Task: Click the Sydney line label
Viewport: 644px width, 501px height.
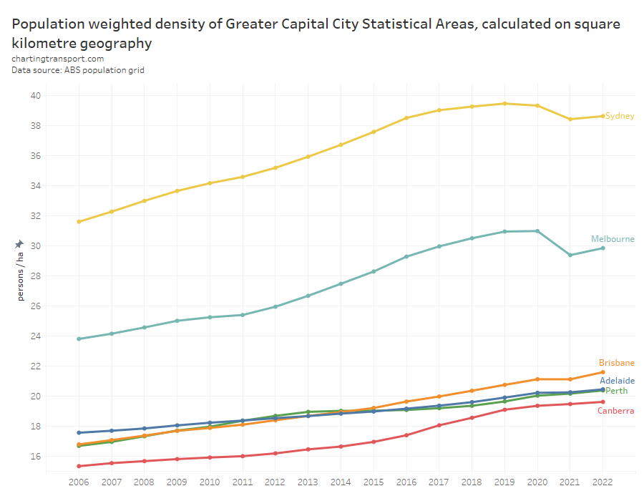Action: click(620, 116)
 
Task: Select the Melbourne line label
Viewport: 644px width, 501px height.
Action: click(613, 239)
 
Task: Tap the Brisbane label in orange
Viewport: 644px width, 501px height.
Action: click(617, 363)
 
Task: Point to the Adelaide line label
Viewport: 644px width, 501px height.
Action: click(617, 381)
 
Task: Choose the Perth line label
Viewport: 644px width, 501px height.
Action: click(617, 391)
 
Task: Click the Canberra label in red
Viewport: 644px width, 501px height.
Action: click(615, 411)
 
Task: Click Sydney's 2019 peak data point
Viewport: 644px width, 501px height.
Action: click(504, 103)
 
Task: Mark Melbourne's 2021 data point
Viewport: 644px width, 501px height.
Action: click(570, 255)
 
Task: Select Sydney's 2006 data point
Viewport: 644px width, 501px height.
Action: click(79, 222)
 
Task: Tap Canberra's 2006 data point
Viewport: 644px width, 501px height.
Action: click(79, 466)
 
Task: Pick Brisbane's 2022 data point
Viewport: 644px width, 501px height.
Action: click(603, 372)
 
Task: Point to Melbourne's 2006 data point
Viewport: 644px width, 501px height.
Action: click(79, 339)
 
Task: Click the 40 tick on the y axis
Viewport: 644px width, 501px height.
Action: click(35, 96)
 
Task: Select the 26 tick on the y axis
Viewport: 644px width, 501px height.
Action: click(35, 306)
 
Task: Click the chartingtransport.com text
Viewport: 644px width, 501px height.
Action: click(58, 59)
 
